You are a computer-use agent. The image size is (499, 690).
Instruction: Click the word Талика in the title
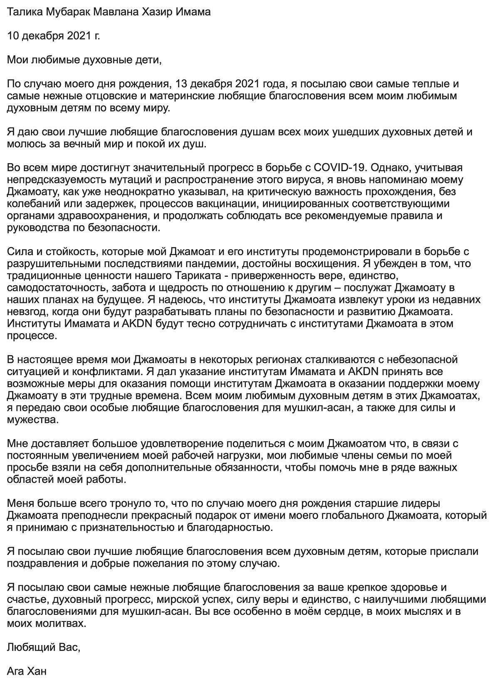(x=24, y=12)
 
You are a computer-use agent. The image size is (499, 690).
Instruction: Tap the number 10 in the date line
(x=13, y=36)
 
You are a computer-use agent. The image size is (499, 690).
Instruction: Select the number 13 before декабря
(x=183, y=84)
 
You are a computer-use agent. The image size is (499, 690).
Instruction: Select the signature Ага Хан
(x=27, y=672)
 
